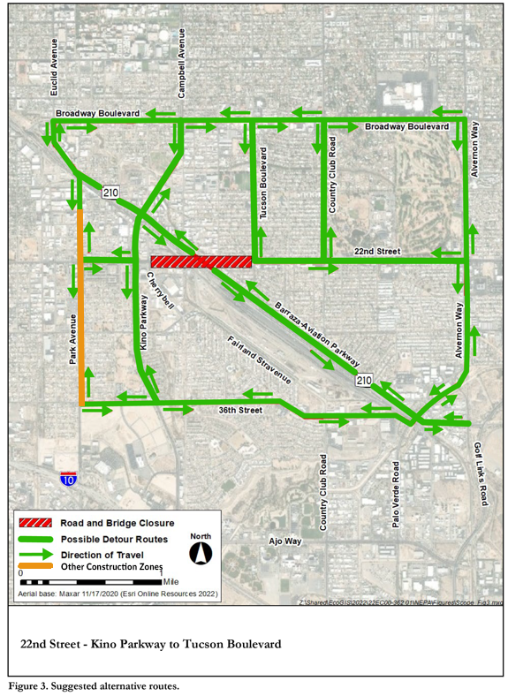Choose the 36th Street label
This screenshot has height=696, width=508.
coord(240,411)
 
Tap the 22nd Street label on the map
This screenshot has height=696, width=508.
coord(377,253)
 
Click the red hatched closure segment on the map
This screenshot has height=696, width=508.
coord(201,261)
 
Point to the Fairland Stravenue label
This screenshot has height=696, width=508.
coord(258,359)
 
